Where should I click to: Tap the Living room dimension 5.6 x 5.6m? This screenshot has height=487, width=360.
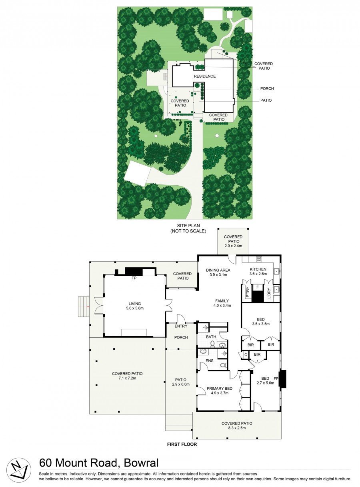(x=135, y=308)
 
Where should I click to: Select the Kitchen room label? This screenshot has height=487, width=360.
(x=258, y=269)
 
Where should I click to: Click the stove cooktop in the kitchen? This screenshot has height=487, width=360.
(x=259, y=259)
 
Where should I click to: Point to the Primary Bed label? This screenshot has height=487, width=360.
(x=220, y=389)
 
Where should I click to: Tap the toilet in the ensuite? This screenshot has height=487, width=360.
(x=223, y=365)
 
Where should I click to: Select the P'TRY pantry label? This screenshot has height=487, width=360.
(x=248, y=293)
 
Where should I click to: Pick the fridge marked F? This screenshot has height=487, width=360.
(x=258, y=287)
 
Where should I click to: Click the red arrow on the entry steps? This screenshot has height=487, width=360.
(x=88, y=307)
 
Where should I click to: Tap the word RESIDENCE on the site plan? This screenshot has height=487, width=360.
(x=205, y=76)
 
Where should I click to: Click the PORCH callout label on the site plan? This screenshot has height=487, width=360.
(x=267, y=88)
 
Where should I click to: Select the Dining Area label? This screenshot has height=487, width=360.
(x=218, y=270)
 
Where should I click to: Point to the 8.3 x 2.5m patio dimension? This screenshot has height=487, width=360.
(x=237, y=428)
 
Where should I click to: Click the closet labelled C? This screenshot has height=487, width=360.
(x=246, y=355)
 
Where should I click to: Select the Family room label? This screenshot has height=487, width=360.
(x=222, y=301)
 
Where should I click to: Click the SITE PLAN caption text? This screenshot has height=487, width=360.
(x=188, y=226)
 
